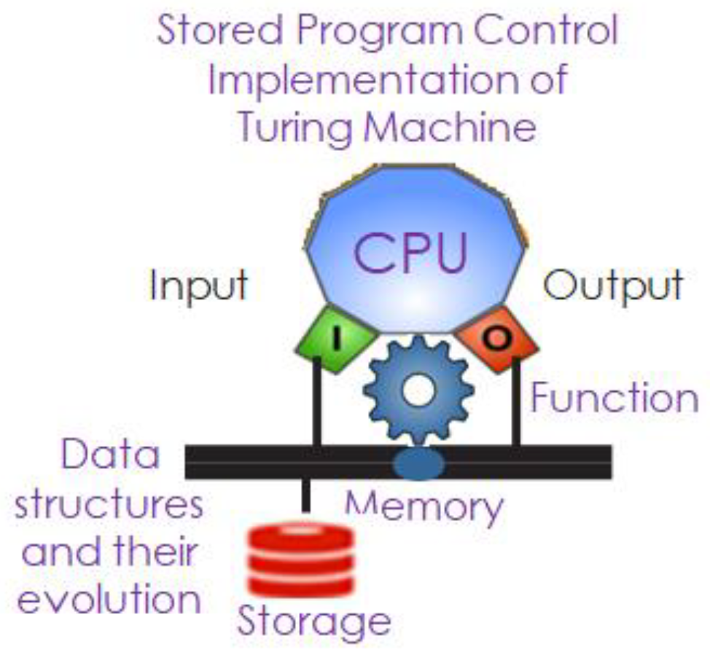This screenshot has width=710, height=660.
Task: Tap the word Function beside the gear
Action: (614, 398)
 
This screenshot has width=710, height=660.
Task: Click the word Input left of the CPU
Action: (198, 286)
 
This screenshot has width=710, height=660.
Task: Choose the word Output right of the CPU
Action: (613, 286)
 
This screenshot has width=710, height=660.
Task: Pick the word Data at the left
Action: (110, 457)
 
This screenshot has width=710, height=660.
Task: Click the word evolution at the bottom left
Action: (109, 600)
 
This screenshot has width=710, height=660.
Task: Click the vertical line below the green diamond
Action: (317, 404)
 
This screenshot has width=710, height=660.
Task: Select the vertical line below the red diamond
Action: (516, 404)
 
